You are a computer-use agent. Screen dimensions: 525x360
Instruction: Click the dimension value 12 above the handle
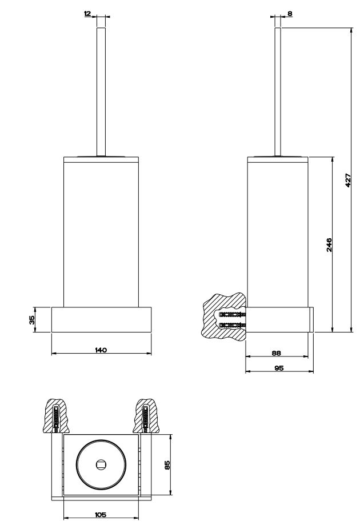point(87,13)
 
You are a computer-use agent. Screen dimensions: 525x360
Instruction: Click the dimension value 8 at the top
point(290,13)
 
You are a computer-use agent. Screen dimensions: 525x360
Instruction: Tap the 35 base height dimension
point(32,319)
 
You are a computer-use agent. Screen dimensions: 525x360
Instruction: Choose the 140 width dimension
point(101,349)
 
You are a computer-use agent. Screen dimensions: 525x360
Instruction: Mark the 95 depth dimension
point(279,368)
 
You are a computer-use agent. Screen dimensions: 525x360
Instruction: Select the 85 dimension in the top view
point(167,465)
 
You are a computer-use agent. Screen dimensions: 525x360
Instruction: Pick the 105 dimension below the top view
point(101,514)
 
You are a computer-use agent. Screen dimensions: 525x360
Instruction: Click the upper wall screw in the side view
point(231,314)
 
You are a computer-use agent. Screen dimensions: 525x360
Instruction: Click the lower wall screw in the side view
point(231,325)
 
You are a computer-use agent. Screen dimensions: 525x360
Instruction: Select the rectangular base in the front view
point(101,320)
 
